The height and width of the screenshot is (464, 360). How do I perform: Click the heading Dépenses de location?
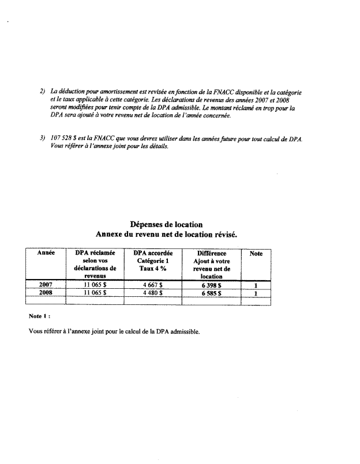pos(166,224)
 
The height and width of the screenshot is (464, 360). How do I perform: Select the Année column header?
pos(46,254)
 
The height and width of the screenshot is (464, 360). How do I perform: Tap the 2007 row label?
pos(46,285)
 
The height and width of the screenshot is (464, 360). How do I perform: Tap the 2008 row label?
pos(46,293)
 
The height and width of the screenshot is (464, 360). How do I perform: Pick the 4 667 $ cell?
pos(153,285)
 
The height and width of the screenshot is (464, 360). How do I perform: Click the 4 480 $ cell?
pos(153,293)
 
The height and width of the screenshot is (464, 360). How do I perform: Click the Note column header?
pos(256,254)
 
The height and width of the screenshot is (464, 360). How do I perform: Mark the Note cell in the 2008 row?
pos(256,293)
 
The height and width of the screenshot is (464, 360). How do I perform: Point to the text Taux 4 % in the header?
pos(153,269)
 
